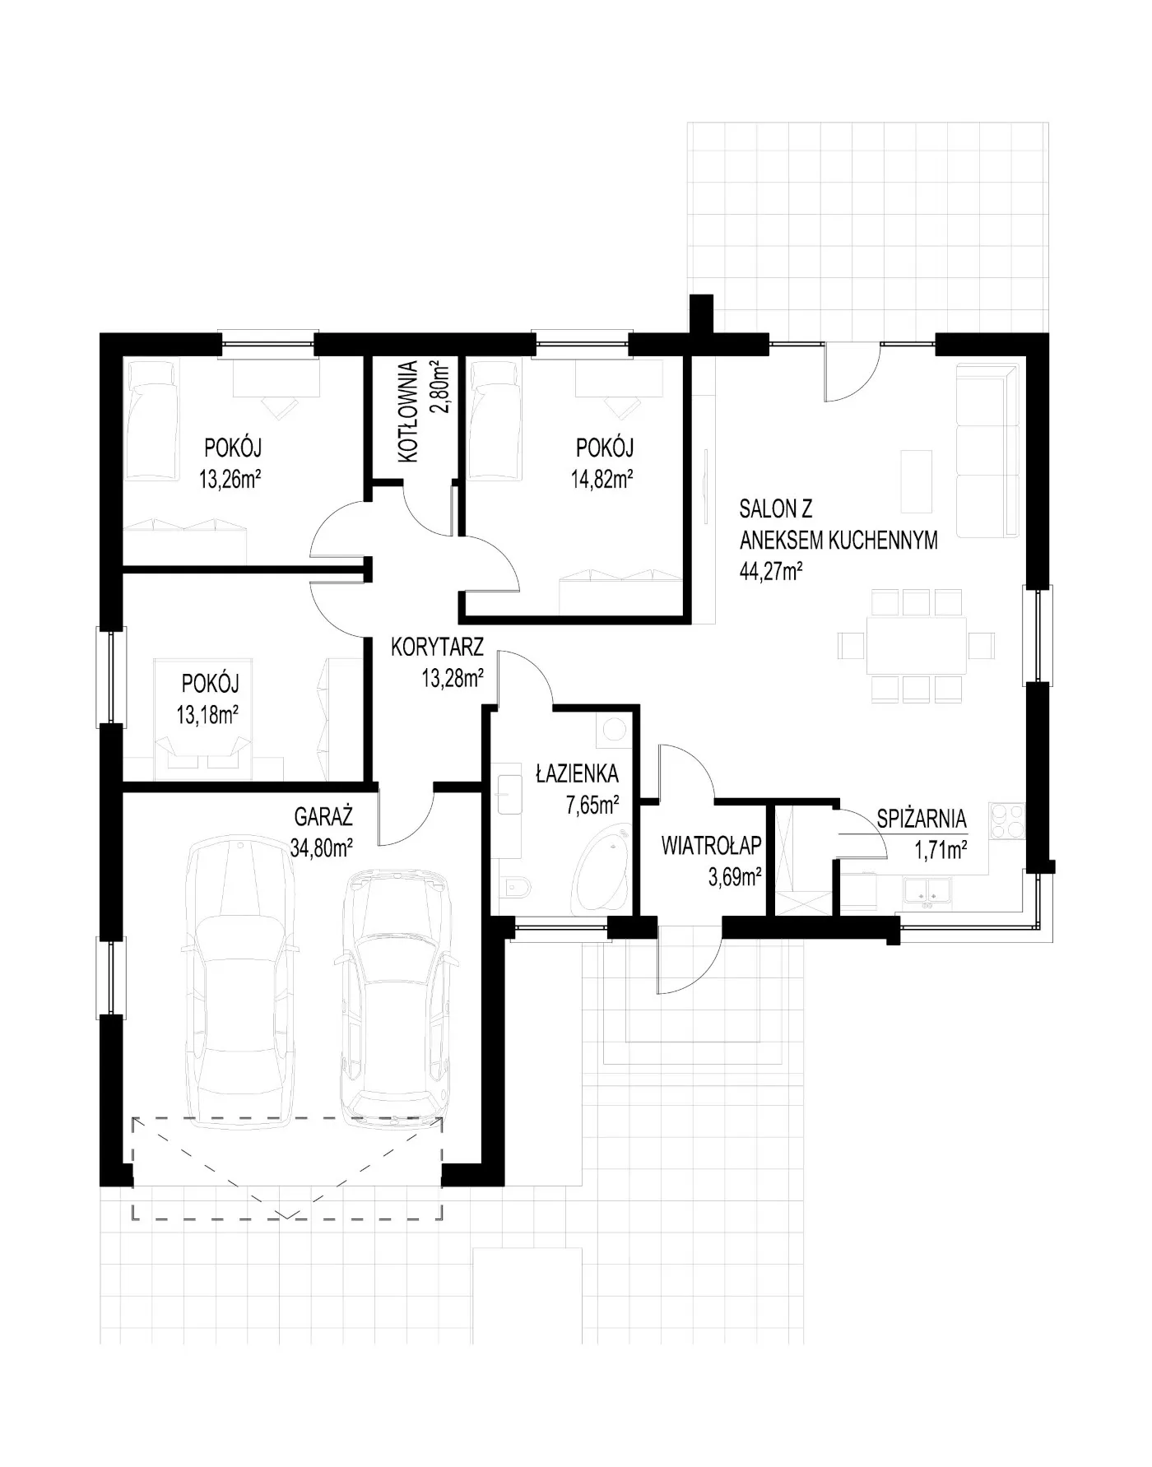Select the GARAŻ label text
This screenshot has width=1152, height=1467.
click(323, 817)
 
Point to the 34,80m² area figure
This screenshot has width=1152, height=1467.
click(322, 847)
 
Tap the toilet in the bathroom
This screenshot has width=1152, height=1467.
click(516, 885)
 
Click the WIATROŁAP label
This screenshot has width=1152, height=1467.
click(712, 845)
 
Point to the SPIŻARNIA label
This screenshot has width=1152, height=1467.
click(922, 819)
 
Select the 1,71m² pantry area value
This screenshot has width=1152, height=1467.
click(940, 850)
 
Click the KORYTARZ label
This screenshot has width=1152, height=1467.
click(437, 646)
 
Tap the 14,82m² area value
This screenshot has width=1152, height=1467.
click(602, 479)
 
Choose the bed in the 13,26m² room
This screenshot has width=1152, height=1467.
click(151, 421)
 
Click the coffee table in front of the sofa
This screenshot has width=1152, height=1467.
click(917, 480)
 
